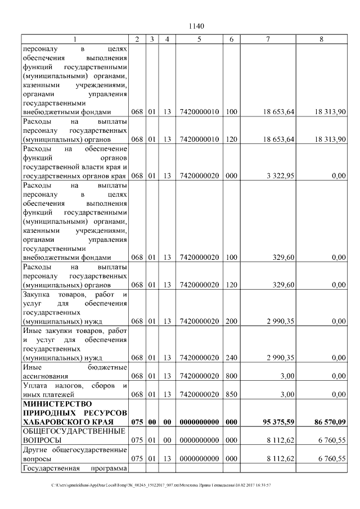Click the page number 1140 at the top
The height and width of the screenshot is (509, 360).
coord(196,26)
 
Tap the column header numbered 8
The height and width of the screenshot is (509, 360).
coord(321,39)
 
